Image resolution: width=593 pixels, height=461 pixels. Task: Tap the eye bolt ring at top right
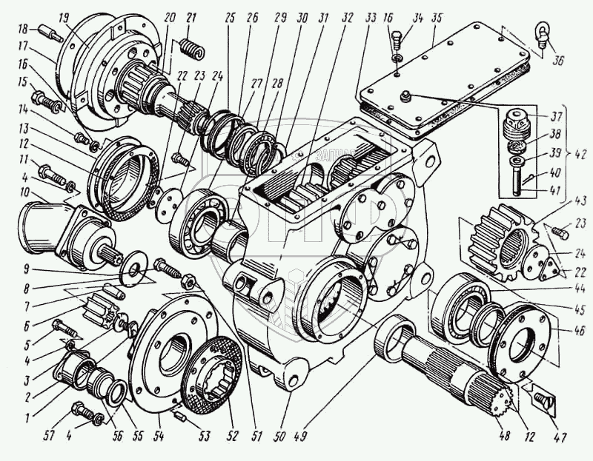point(540,31)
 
